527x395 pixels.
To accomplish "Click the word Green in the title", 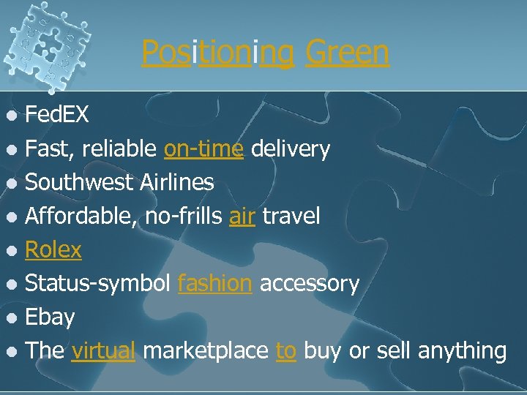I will [347, 53].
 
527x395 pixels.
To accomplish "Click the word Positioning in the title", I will [218, 53].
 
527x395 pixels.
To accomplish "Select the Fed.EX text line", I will [57, 115].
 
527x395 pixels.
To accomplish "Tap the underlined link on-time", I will [203, 148].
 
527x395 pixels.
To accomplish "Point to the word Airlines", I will [182, 182].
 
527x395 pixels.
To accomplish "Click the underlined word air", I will [241, 216].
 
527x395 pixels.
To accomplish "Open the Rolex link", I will [53, 249].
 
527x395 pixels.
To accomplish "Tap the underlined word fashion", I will [214, 283].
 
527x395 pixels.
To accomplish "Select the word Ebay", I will [50, 317].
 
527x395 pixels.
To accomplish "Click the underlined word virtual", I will [103, 350].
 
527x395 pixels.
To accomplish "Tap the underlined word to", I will [285, 350].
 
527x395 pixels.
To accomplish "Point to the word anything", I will [462, 350].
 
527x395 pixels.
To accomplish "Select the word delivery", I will [291, 148].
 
